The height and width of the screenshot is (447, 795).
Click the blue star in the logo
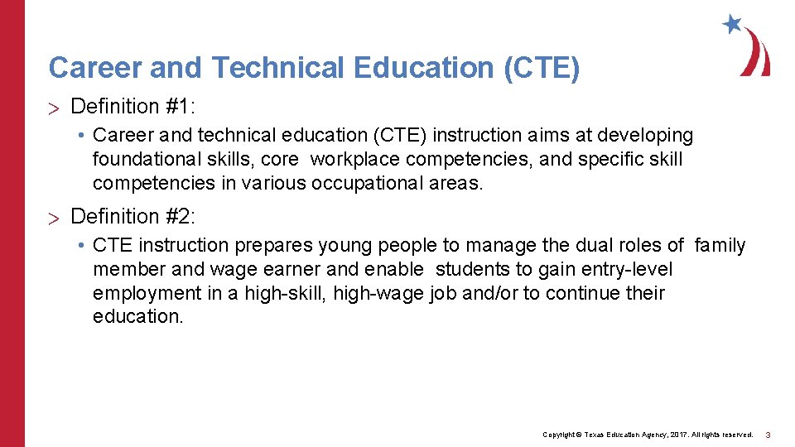click(x=731, y=24)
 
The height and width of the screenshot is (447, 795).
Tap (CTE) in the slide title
click(x=542, y=68)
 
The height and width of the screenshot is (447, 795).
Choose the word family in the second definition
click(x=720, y=245)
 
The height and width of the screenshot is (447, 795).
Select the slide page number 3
click(x=768, y=435)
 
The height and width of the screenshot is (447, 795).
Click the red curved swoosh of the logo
click(x=757, y=52)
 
